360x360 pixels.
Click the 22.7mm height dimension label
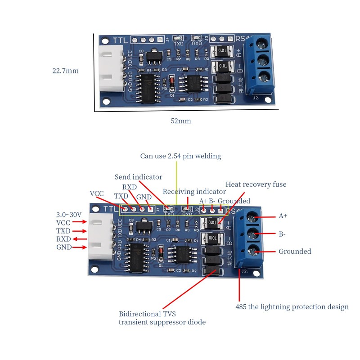(66, 71)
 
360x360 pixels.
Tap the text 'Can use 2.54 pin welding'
(180, 156)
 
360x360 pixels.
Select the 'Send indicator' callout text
(138, 177)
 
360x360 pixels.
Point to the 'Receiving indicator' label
(194, 192)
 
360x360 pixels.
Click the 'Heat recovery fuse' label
(256, 184)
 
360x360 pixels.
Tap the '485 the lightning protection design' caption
(292, 307)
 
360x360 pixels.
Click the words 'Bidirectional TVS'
(147, 314)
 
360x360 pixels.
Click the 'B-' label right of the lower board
(282, 234)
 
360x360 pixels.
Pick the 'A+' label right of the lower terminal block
(283, 216)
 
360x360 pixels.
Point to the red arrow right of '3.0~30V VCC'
(79, 222)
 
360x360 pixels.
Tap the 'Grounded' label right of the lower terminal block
(295, 252)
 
